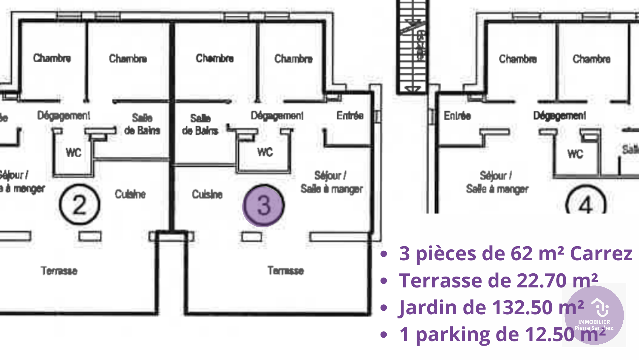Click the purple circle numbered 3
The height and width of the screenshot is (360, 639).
tap(263, 206)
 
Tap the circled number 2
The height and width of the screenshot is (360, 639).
tap(80, 205)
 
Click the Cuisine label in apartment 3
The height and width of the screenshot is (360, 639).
tap(207, 194)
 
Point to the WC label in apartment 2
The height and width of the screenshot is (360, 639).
tap(73, 153)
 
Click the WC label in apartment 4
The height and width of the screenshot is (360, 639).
tap(575, 154)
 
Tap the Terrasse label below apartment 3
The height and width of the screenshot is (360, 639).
tap(285, 270)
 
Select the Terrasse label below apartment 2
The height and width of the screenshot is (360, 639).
tap(59, 271)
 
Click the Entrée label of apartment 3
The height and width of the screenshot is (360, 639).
tap(350, 115)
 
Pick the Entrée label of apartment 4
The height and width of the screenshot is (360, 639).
tap(457, 116)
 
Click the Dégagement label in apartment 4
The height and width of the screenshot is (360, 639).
tap(559, 115)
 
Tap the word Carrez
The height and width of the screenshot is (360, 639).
tap(601, 254)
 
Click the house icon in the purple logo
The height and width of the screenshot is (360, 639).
tap(600, 307)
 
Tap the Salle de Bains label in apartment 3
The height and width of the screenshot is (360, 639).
tap(200, 124)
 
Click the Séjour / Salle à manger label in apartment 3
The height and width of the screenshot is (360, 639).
tap(331, 182)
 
